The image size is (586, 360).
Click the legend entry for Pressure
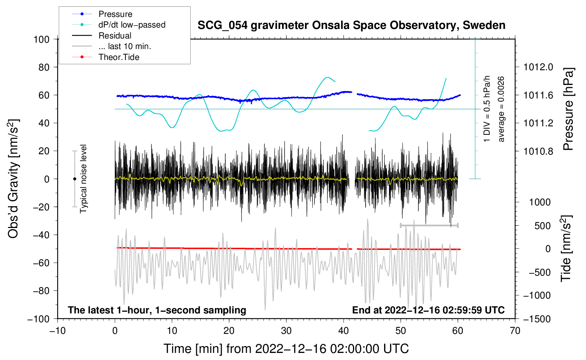click(102, 14)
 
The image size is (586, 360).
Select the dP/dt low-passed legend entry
click(119, 25)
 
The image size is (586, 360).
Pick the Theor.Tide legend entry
click(106, 57)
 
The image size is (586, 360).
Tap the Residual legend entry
click(102, 36)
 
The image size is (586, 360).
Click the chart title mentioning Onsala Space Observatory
click(351, 25)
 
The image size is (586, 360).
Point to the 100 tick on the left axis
click(41, 40)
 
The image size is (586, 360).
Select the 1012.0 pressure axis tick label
click(538, 67)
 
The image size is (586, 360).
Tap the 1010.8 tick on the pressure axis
click(538, 151)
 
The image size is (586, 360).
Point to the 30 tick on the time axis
click(286, 331)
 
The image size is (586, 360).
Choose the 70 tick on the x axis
click(515, 331)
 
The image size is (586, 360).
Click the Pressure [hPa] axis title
click(568, 109)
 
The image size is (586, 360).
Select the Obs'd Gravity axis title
click(13, 179)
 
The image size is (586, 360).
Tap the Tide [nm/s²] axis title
click(566, 248)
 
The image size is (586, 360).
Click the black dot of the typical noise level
click(74, 179)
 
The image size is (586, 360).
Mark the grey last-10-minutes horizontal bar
click(429, 225)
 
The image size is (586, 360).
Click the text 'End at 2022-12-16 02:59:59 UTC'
click(428, 310)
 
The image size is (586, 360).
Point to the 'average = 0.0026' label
click(501, 109)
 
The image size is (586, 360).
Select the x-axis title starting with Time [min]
click(286, 349)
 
